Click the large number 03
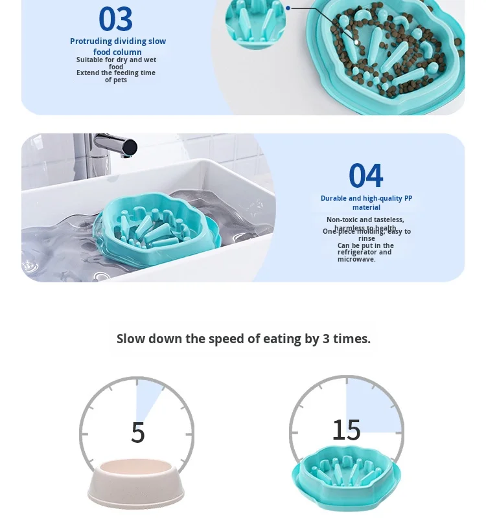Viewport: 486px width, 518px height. click(115, 19)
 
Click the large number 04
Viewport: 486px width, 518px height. click(365, 175)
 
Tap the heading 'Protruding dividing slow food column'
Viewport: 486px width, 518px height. click(117, 46)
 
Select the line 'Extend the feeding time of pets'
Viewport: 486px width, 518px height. click(116, 76)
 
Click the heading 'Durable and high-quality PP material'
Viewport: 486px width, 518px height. click(366, 203)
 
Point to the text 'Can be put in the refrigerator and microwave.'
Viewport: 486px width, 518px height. click(365, 253)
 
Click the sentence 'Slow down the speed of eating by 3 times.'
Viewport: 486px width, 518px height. click(244, 339)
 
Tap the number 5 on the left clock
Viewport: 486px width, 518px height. click(137, 433)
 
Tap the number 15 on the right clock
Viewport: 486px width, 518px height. click(346, 429)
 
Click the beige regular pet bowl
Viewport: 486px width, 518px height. click(136, 484)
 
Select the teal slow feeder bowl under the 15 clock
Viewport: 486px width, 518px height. click(346, 477)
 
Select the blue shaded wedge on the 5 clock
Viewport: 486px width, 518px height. click(147, 396)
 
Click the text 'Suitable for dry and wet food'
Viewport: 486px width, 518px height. click(116, 63)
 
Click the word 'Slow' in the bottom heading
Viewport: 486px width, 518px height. click(131, 339)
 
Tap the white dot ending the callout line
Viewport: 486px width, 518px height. click(356, 42)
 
